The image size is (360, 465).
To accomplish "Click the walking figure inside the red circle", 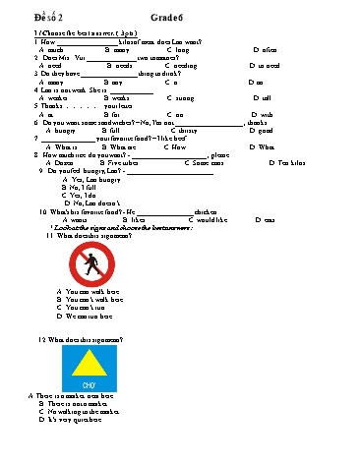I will point(91,263).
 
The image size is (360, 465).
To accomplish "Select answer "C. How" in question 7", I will point(180,146).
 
